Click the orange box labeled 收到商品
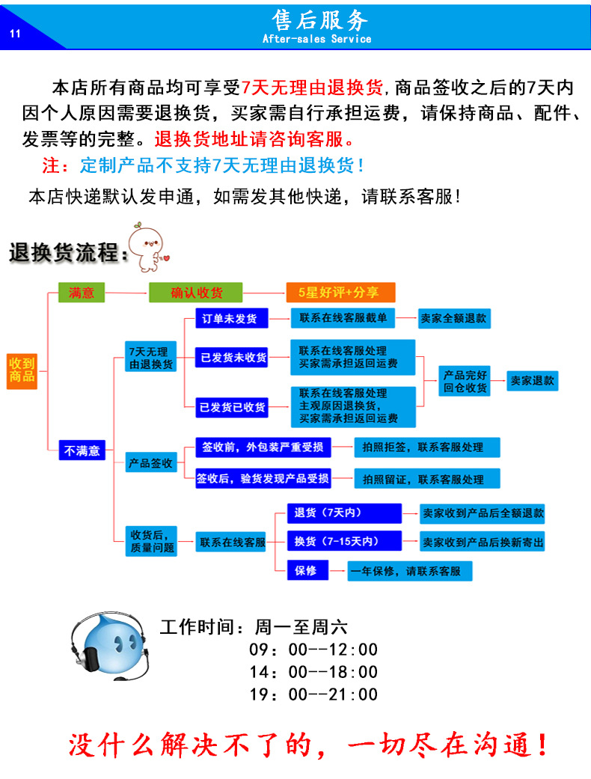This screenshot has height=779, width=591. (22, 370)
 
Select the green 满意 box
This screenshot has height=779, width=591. (82, 293)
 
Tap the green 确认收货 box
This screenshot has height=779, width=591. (197, 293)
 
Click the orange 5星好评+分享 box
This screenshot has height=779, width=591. (340, 293)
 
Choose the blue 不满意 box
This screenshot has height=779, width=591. (82, 450)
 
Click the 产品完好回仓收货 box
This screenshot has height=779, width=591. (465, 381)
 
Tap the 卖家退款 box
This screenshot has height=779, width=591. (533, 380)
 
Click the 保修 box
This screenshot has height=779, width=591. (306, 570)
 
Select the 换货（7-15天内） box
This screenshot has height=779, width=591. (344, 540)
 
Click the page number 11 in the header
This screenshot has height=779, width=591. (16, 33)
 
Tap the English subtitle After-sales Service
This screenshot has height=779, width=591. (316, 39)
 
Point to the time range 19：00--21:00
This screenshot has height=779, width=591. (313, 694)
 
